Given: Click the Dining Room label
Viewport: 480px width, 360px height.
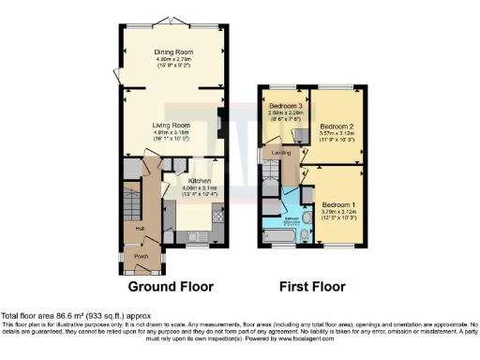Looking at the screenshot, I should tap(172, 53).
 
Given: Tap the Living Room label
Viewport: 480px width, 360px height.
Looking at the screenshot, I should tap(172, 125).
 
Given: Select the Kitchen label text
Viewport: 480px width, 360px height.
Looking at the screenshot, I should tap(199, 181).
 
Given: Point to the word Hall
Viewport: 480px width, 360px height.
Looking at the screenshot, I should tap(140, 228).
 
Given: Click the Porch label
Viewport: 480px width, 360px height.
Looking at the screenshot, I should tap(142, 255).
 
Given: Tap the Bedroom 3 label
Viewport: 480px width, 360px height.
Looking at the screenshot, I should tap(283, 107).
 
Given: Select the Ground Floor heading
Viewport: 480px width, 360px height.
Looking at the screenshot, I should tap(171, 287).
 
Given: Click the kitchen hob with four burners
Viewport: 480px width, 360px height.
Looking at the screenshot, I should tap(217, 217).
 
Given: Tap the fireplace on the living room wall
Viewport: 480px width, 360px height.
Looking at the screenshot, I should tap(219, 123).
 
